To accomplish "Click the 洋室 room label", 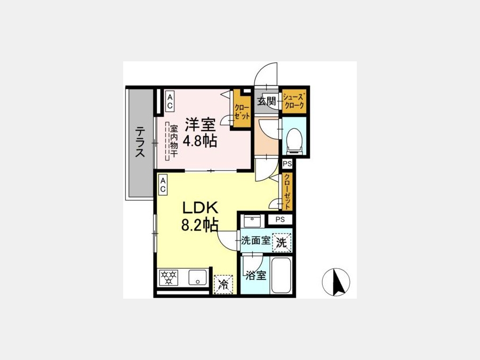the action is click(x=199, y=125).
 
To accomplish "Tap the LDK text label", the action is click(x=200, y=208).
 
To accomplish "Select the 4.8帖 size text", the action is click(x=199, y=141).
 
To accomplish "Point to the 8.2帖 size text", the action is click(x=199, y=225).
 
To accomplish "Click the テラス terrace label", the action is click(x=140, y=142).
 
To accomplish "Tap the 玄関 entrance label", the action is click(x=266, y=101).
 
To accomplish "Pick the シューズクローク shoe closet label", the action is click(x=294, y=101).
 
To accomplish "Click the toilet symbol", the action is click(x=295, y=140).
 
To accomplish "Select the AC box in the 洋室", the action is click(x=170, y=101).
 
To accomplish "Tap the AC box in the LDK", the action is click(x=163, y=185).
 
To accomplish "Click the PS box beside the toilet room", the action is click(x=287, y=164).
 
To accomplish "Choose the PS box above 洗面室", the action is click(x=280, y=220).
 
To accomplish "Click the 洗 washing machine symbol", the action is click(x=282, y=243).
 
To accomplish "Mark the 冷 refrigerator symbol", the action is click(x=224, y=285).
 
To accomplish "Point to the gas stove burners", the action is click(x=169, y=277).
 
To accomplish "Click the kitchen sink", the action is click(x=197, y=277).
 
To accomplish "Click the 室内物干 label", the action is click(x=174, y=141).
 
